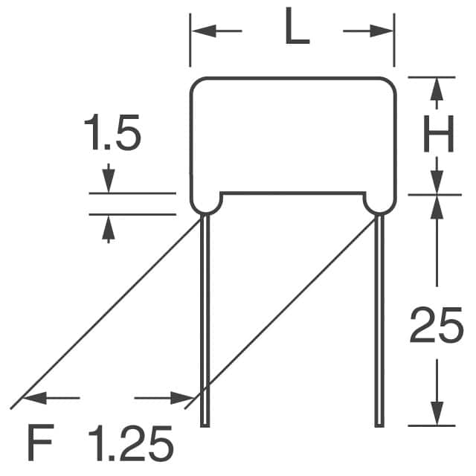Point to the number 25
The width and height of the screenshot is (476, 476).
437,327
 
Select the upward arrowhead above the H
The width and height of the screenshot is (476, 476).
437,89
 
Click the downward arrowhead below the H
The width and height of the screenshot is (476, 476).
437,183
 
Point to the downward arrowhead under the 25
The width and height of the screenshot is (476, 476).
437,414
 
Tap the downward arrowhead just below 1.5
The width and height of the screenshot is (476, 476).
109,181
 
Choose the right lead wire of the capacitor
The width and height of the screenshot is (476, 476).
379,320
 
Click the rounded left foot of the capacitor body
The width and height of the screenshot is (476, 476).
206,202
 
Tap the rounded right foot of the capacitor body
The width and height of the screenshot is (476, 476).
379,202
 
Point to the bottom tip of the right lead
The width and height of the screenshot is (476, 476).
379,425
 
